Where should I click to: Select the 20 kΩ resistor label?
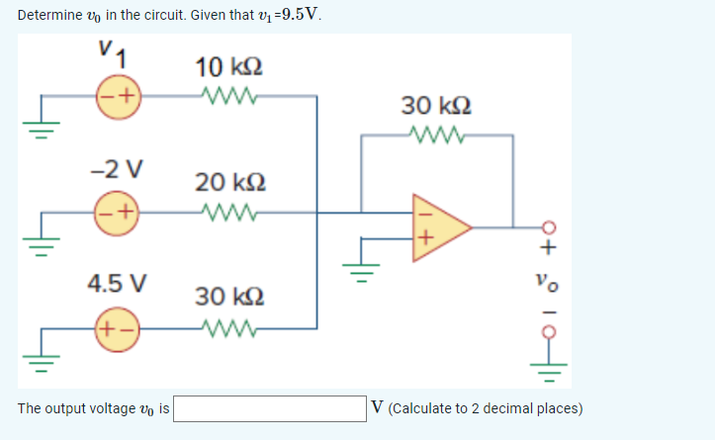pos(228,182)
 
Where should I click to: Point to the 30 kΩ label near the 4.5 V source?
pos(228,297)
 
